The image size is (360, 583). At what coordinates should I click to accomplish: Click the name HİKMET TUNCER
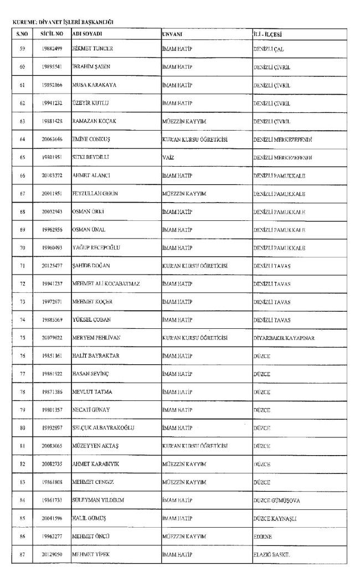[92, 49]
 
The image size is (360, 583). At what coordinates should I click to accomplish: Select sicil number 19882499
[52, 49]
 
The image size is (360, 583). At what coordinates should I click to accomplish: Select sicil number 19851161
[52, 356]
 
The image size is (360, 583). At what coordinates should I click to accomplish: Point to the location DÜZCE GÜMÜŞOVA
[277, 501]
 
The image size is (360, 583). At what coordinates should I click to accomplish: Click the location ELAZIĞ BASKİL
[272, 555]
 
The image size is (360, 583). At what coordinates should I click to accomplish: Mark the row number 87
[23, 555]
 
